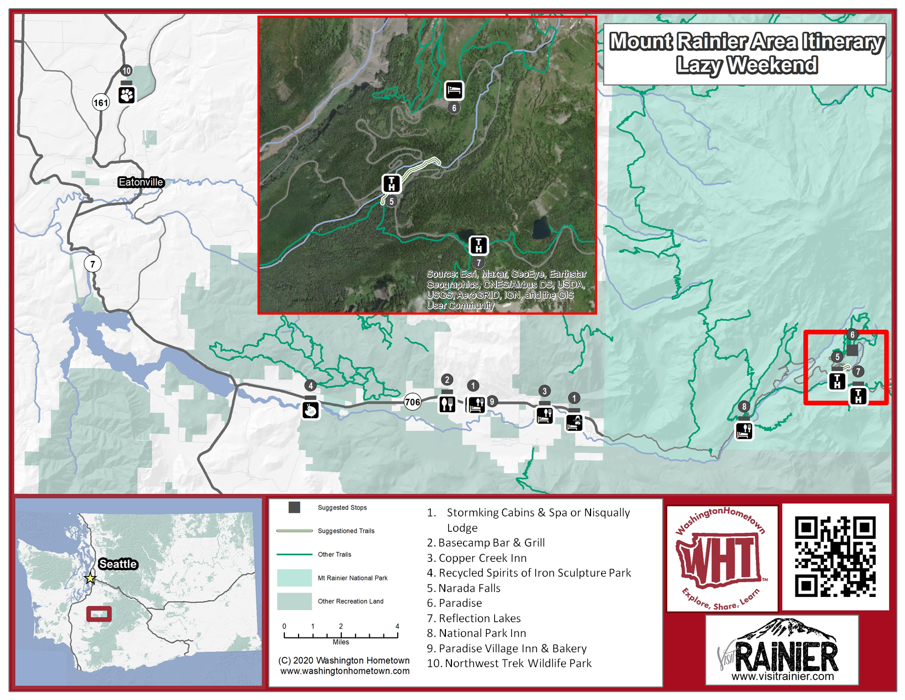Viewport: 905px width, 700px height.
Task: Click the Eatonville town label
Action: tap(141, 182)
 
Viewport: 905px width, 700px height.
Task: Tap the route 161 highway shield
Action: tap(101, 103)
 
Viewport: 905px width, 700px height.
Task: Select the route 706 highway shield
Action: tap(413, 402)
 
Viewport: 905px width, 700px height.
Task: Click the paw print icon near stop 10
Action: tap(127, 95)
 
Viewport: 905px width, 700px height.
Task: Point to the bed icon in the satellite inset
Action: tap(454, 90)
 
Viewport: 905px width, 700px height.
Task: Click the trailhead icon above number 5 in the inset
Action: tap(391, 184)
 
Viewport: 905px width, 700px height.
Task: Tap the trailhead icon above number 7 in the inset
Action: tap(478, 245)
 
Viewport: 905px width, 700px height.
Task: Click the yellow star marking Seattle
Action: tap(90, 578)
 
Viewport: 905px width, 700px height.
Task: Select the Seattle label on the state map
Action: tap(118, 564)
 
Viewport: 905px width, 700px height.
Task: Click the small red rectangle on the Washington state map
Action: tap(99, 613)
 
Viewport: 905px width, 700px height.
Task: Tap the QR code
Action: tap(835, 556)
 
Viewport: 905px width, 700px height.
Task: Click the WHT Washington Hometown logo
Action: tap(721, 558)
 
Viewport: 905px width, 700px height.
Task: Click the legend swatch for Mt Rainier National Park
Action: tap(294, 578)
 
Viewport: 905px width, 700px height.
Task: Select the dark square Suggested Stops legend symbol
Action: tap(294, 508)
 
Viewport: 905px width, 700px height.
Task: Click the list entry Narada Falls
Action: tap(469, 588)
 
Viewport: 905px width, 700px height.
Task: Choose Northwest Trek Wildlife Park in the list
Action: tap(518, 663)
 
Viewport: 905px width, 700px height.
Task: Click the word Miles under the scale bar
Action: tap(341, 642)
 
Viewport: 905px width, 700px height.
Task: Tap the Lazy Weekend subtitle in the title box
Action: tap(747, 65)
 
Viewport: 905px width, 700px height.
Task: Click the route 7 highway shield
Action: tap(93, 264)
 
